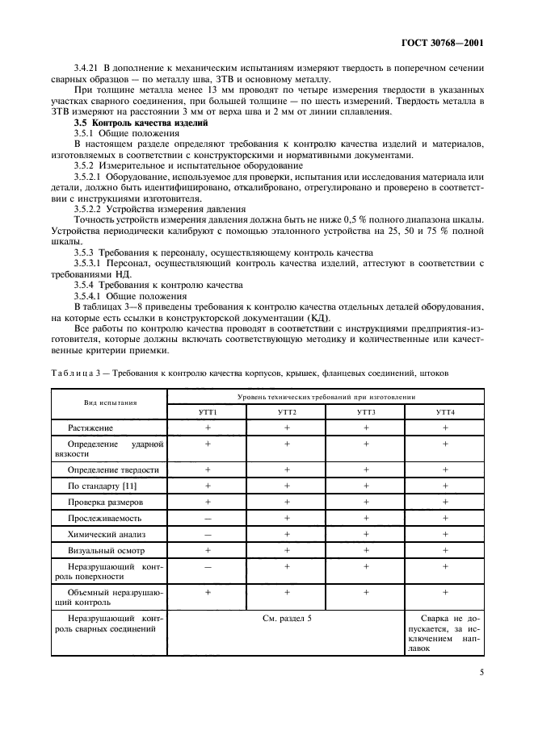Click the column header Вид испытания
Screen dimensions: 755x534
point(110,403)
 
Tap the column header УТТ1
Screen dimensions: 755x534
point(208,411)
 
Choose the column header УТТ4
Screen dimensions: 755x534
point(445,411)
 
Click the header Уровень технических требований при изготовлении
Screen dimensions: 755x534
point(326,396)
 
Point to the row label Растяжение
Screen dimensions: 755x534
point(90,427)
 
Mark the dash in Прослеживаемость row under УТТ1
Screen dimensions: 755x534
point(208,519)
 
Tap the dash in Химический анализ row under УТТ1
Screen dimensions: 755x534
point(208,535)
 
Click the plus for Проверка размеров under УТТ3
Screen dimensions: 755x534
point(366,502)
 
